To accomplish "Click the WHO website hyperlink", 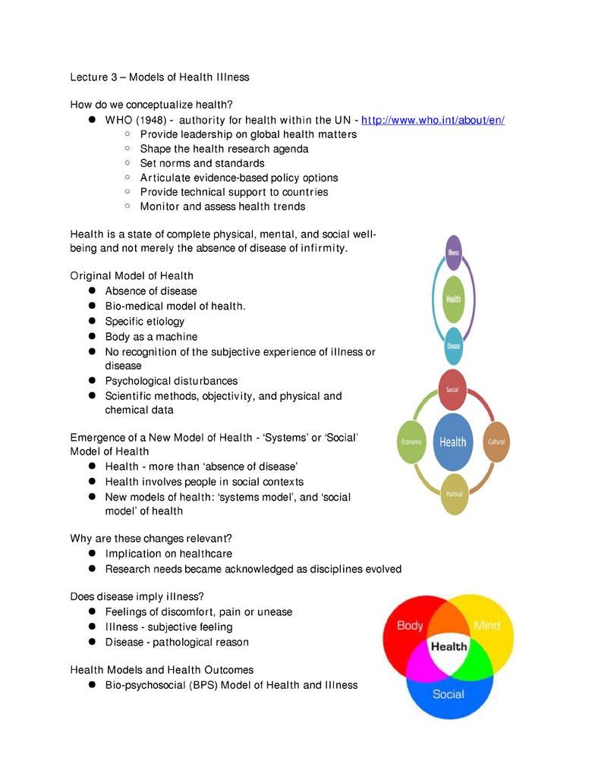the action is pos(433,121).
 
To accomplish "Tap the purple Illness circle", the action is pos(454,253).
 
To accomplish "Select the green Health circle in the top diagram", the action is pos(454,299).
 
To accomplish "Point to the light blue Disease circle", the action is pos(454,346).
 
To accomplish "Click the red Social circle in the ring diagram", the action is pos(452,390).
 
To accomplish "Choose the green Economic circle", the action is pos(411,442).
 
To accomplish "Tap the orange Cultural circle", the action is pos(496,442).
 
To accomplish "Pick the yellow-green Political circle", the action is pos(455,494).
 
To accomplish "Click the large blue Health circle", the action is pos(453,442).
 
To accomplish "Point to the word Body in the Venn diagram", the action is pos(410,626).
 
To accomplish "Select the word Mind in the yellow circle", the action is pos(486,626).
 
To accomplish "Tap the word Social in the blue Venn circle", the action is pos(448,694).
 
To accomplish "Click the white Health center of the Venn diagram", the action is pos(449,647).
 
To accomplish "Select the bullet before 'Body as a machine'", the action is pos(92,336).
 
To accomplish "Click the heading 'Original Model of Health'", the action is pos(132,276).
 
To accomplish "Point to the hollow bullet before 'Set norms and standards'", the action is pos(127,162).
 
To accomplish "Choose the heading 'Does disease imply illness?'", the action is pos(137,596).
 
